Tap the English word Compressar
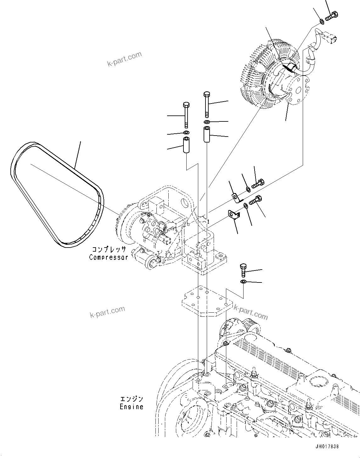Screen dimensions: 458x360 coord(108,257)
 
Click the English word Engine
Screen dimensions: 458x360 coord(131,407)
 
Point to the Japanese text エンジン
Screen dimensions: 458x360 coord(131,399)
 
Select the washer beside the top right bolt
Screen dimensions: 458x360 coord(321,21)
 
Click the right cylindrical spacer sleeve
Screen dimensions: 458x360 coord(207,134)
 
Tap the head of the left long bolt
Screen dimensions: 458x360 coord(186,104)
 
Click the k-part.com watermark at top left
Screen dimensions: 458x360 coord(124,59)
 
